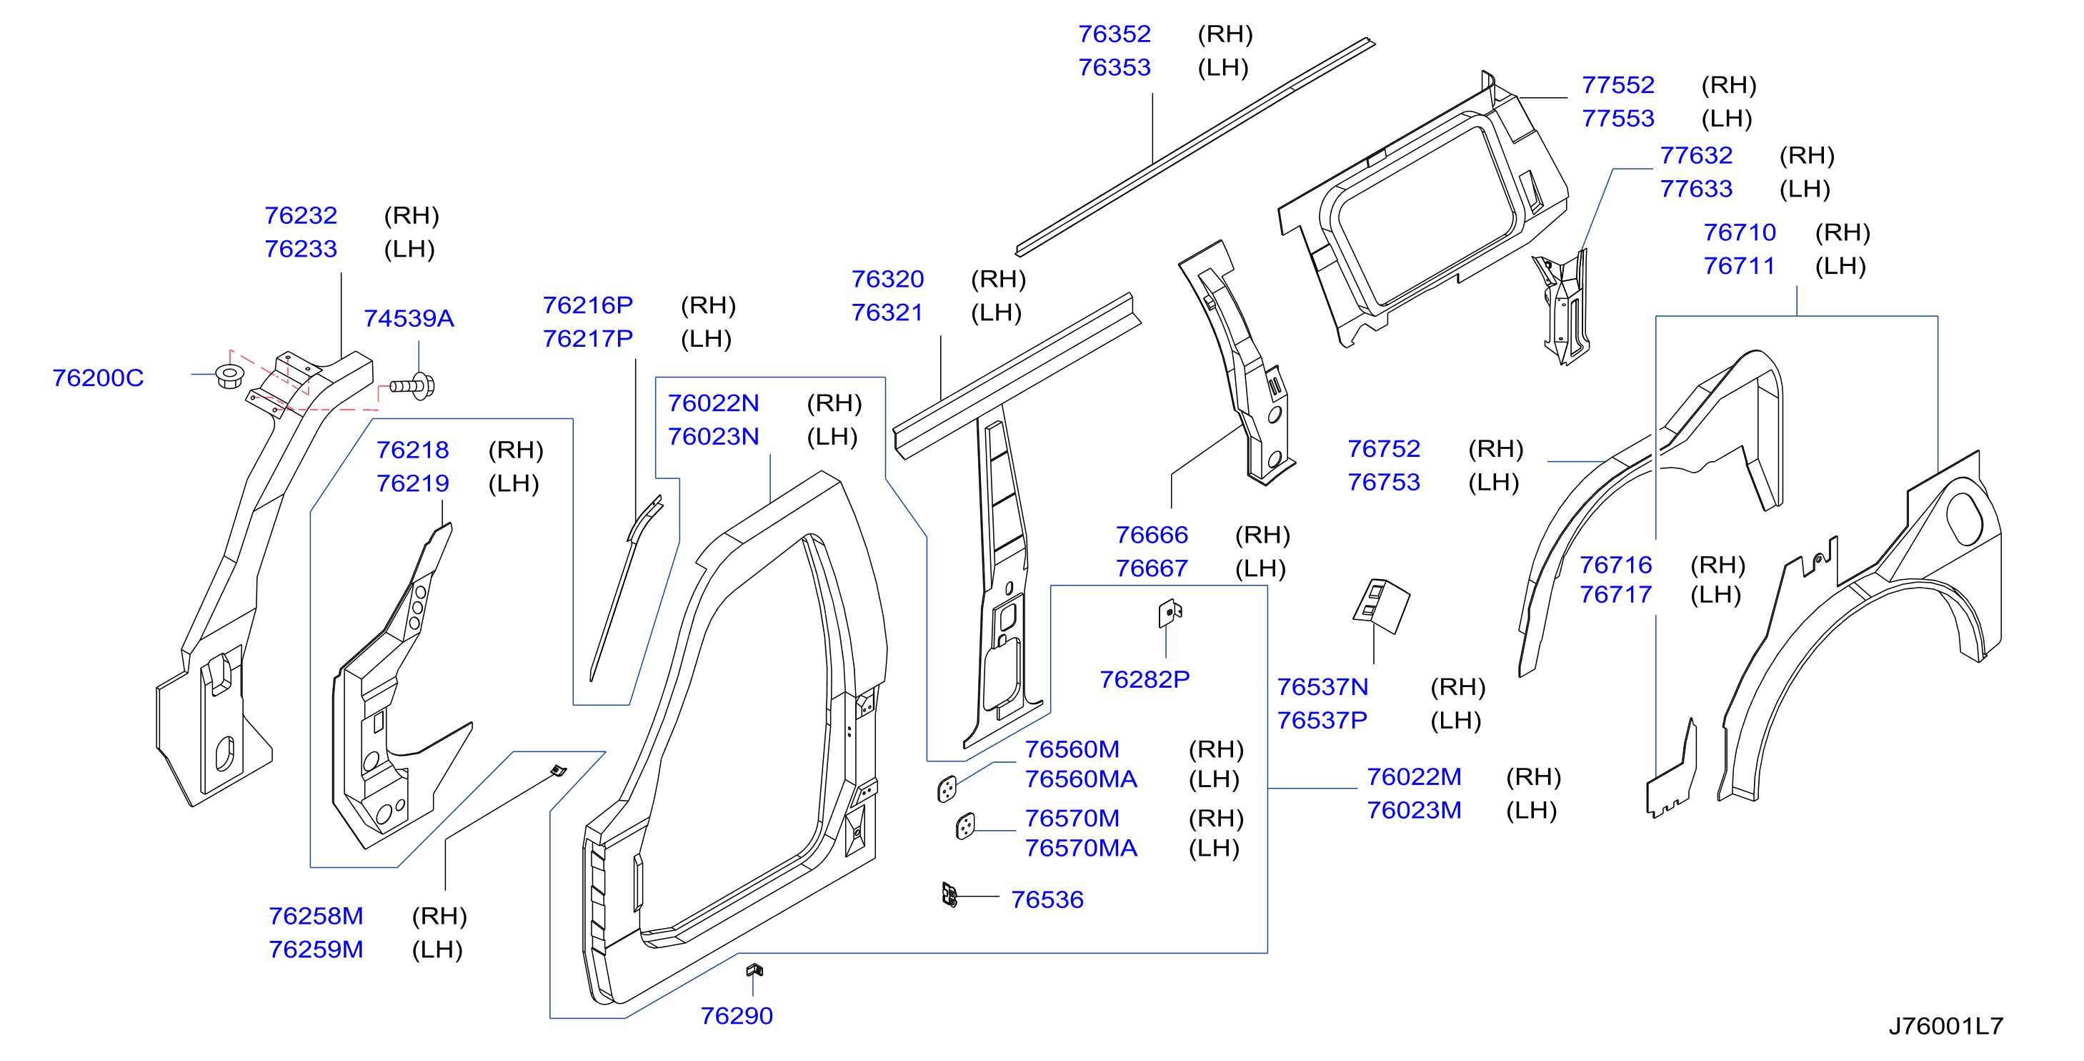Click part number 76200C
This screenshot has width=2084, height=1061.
click(x=98, y=378)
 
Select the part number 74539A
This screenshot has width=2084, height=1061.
click(x=409, y=319)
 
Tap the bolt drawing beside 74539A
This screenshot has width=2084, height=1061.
click(x=413, y=386)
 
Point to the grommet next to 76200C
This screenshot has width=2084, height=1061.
click(x=230, y=376)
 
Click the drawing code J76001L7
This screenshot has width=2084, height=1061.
click(x=1945, y=1025)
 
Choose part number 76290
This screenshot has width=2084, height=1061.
click(x=736, y=1016)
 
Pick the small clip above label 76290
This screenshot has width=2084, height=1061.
click(x=754, y=969)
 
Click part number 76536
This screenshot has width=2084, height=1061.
click(x=1047, y=899)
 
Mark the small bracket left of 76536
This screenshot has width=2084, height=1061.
click(x=949, y=894)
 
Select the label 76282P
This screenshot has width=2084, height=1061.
click(x=1144, y=679)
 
